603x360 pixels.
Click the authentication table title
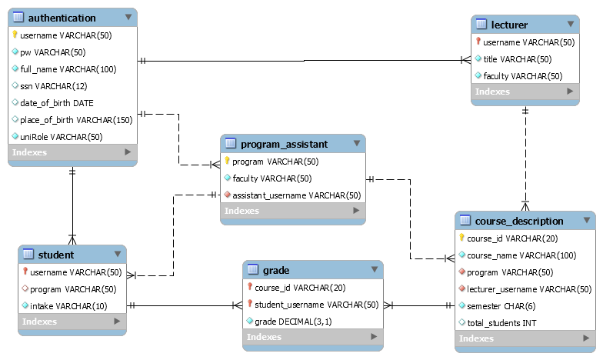coord(62,18)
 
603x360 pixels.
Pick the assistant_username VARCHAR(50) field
coord(297,195)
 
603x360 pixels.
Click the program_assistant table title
coord(284,144)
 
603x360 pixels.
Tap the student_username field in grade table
coord(317,305)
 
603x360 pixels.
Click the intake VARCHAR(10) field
coord(68,306)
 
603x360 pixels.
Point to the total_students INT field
coord(502,322)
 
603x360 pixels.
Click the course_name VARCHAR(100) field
coord(521,255)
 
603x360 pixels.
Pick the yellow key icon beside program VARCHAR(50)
coord(228,162)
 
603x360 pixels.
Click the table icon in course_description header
coord(465,221)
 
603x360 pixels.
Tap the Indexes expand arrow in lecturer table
coord(570,92)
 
